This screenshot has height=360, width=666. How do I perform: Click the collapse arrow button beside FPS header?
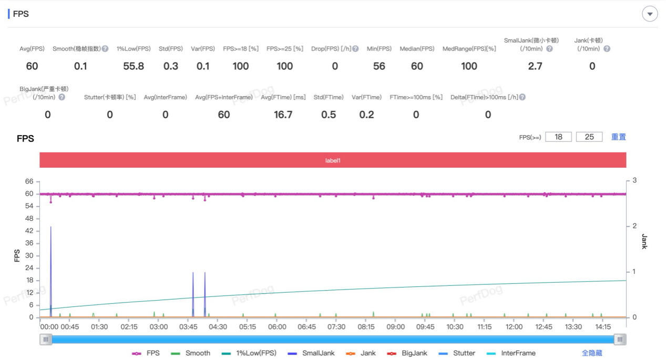click(650, 14)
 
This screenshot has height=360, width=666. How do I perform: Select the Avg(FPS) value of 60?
click(32, 66)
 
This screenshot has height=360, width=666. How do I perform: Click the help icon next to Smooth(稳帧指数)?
click(105, 49)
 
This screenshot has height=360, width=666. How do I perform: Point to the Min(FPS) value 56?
click(379, 66)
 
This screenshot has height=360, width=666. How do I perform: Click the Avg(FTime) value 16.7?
click(283, 115)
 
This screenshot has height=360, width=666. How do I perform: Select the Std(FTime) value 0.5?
click(329, 115)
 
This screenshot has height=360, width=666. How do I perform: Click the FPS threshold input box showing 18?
click(558, 137)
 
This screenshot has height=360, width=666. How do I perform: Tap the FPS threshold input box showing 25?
click(589, 137)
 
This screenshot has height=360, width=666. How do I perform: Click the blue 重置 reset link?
click(618, 137)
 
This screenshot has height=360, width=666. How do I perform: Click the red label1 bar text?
click(333, 160)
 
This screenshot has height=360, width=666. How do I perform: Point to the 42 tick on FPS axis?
click(29, 231)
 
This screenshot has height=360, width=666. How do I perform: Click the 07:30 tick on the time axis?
click(336, 327)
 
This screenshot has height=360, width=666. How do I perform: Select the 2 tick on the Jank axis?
click(634, 226)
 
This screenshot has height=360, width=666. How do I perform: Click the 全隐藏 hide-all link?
click(592, 353)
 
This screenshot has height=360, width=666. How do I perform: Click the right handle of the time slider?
click(620, 340)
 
